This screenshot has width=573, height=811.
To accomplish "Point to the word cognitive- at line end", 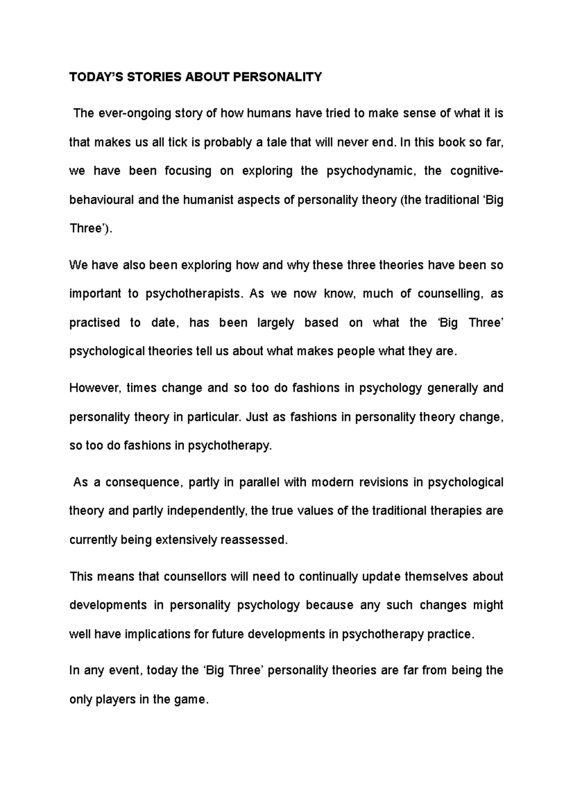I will [476, 171].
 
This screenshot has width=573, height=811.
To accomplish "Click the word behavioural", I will [101, 200].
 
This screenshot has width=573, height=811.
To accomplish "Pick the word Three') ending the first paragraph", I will [91, 228].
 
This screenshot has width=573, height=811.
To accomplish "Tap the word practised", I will [95, 323].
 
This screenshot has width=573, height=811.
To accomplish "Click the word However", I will [95, 388].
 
